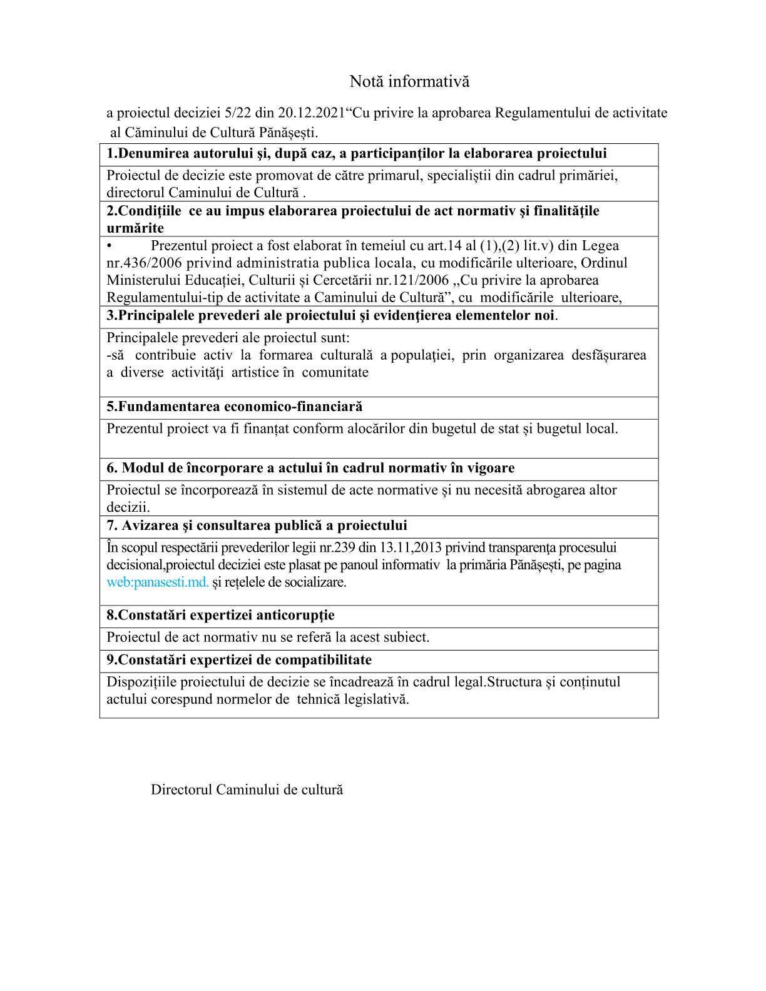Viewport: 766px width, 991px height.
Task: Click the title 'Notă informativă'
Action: click(x=409, y=81)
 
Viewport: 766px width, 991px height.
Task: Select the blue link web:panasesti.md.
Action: click(x=158, y=582)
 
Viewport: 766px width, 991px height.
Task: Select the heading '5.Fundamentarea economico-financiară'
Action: click(x=234, y=407)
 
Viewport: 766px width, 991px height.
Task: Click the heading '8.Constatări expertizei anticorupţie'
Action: click(x=220, y=615)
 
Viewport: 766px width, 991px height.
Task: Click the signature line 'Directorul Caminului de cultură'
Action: click(x=247, y=790)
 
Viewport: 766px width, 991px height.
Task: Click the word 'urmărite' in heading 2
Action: click(x=135, y=228)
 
